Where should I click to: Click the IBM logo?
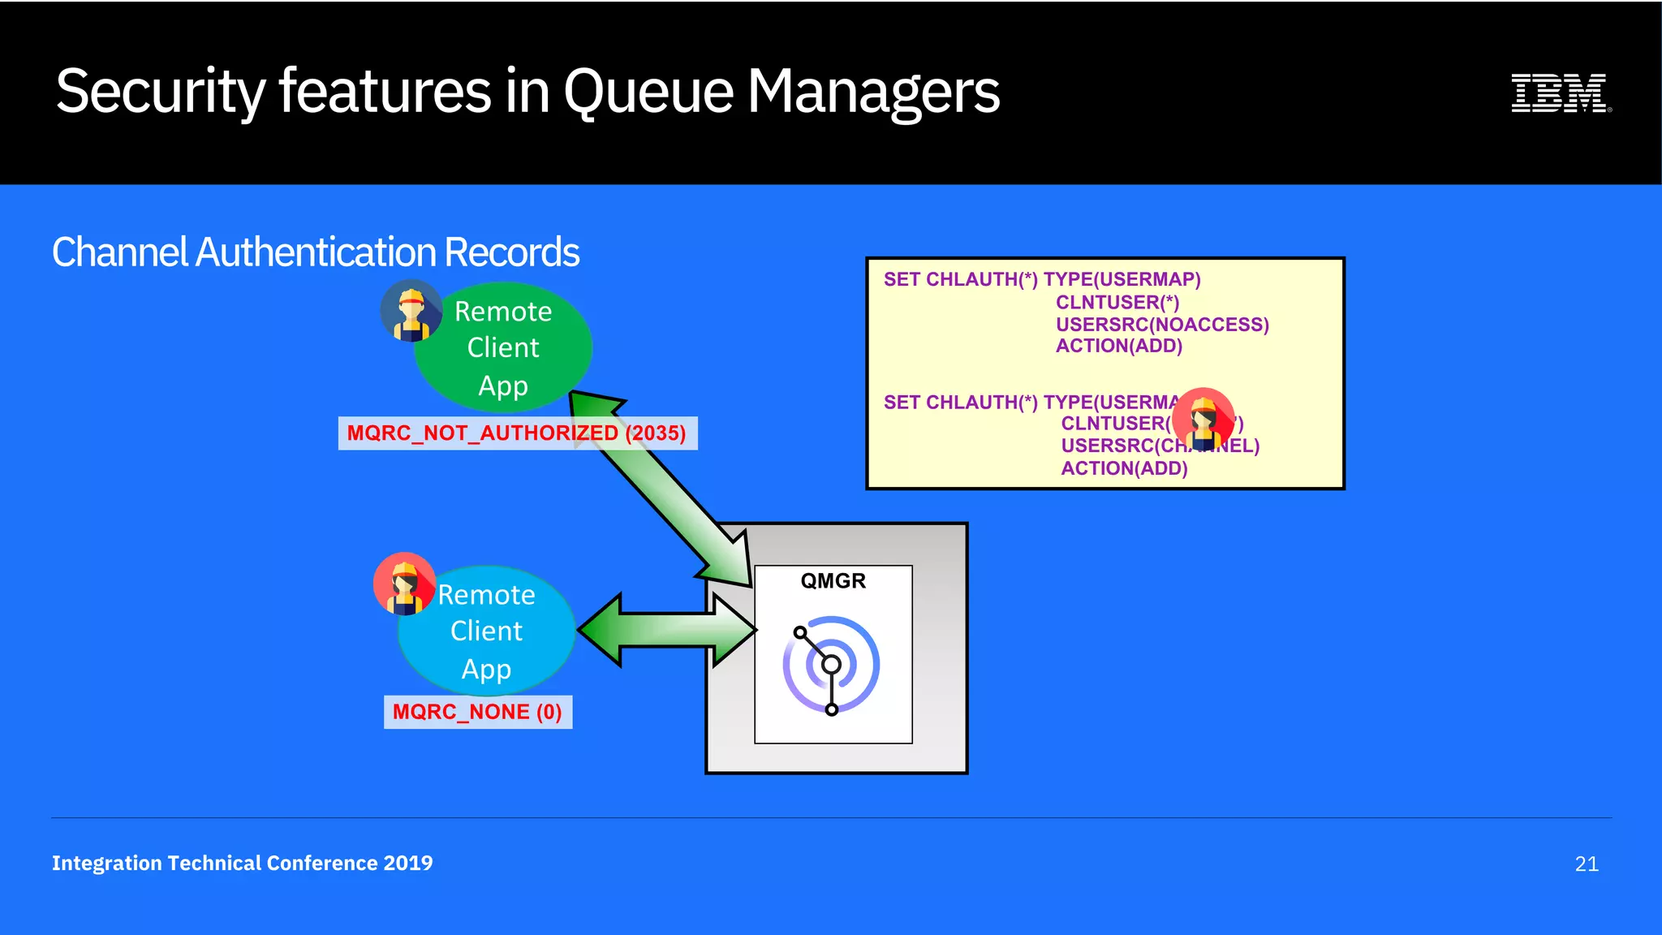pyautogui.click(x=1560, y=93)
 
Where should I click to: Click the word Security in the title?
pyautogui.click(x=160, y=91)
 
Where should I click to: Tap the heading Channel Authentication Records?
pyautogui.click(x=316, y=252)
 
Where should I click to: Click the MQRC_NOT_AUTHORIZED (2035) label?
pyautogui.click(x=516, y=433)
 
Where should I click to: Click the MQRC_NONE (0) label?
pyautogui.click(x=477, y=712)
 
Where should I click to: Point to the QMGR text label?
pyautogui.click(x=833, y=581)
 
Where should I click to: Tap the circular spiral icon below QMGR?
pyautogui.click(x=831, y=665)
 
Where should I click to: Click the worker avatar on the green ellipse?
pyautogui.click(x=412, y=311)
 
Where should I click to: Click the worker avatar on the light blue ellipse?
pyautogui.click(x=404, y=584)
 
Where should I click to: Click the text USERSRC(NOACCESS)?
pyautogui.click(x=1161, y=325)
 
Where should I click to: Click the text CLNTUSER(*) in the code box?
pyautogui.click(x=1117, y=302)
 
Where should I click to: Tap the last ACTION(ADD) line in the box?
pyautogui.click(x=1124, y=468)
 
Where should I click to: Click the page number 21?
pyautogui.click(x=1586, y=864)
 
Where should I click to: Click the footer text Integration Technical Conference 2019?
pyautogui.click(x=242, y=863)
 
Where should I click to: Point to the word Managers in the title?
pyautogui.click(x=873, y=91)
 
